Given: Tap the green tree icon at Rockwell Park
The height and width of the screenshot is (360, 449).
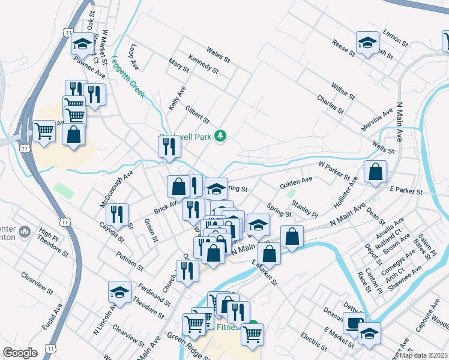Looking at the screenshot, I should (221, 136).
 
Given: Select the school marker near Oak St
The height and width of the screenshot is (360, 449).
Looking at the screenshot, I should (82, 44).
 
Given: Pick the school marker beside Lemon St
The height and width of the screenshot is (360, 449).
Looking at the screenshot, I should (367, 43).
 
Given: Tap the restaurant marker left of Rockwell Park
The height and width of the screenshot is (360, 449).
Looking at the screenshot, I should (169, 146).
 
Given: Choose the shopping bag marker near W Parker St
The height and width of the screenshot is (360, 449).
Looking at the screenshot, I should (375, 172).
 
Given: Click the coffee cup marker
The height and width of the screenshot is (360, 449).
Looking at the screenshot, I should (354, 323).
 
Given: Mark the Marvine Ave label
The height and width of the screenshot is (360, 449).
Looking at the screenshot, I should (377, 118).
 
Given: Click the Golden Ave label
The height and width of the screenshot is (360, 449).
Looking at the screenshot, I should (296, 180).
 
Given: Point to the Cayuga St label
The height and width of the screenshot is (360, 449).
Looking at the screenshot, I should (112, 231).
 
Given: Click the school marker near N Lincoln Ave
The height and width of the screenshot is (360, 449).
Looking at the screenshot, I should (119, 293).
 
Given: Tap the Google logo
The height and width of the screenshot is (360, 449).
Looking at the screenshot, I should (20, 353).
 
